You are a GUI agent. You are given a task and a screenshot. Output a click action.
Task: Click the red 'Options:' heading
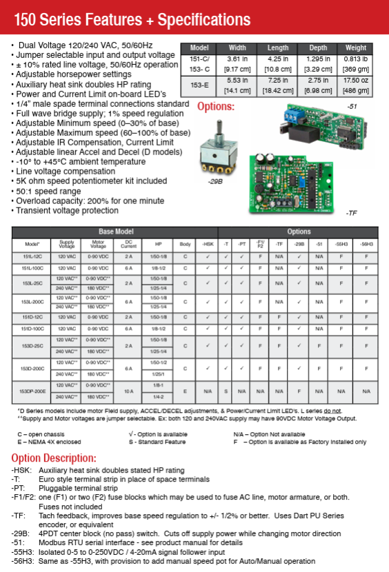tap(216, 107)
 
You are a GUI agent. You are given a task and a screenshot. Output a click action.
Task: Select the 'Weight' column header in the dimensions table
tap(355, 48)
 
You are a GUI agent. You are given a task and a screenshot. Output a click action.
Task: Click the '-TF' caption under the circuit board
tap(352, 214)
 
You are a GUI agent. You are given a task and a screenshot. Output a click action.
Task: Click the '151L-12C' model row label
tap(33, 256)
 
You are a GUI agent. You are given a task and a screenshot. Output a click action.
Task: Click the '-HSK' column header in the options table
tap(208, 244)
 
